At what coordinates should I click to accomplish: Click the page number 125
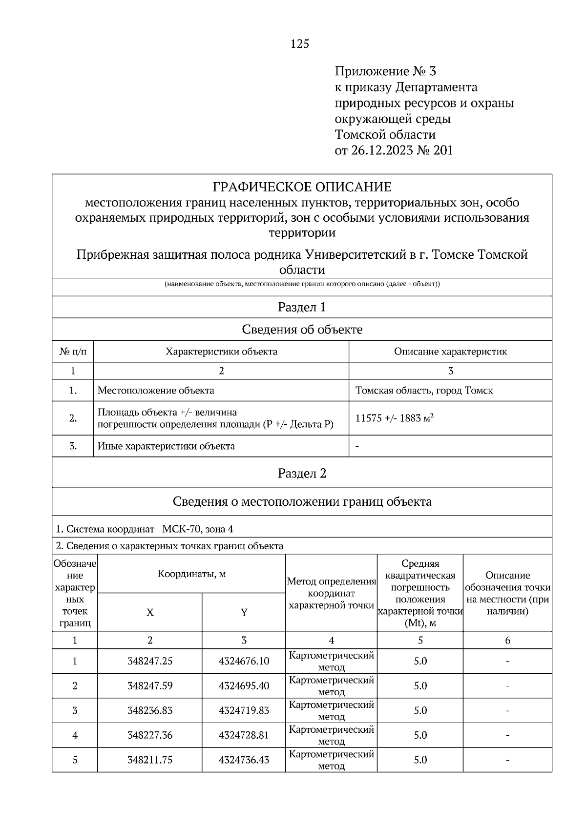300,44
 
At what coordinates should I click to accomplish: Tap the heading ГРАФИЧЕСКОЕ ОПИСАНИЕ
302,187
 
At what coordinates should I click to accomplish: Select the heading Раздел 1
302,307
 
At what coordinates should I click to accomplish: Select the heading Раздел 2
302,473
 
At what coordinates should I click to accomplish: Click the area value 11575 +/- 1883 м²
395,418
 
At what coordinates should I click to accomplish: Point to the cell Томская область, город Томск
424,391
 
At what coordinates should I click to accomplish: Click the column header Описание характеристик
450,352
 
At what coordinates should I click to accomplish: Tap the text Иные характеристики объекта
166,446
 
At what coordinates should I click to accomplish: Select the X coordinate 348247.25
150,661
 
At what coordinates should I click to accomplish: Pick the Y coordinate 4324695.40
244,685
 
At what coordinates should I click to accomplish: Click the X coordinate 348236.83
150,710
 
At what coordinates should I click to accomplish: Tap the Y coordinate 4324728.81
244,735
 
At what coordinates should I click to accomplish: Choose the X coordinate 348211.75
150,760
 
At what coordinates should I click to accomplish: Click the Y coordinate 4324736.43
244,760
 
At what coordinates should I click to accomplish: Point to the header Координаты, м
191,574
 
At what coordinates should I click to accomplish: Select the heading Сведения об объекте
302,330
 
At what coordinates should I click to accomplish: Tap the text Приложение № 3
385,72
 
